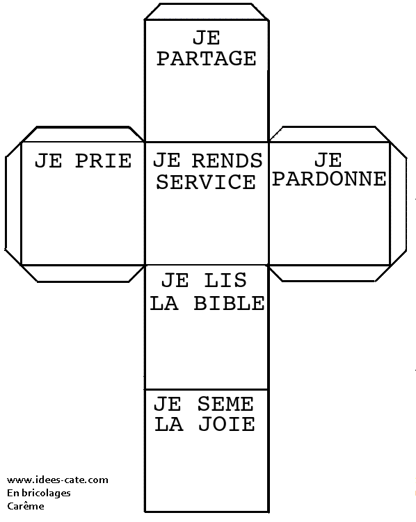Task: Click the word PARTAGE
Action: [x=206, y=58]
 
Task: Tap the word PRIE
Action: [x=103, y=161]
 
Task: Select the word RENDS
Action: [x=227, y=161]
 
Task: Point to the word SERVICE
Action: [x=206, y=182]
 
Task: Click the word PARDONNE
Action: [x=330, y=179]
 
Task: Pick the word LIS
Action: [x=225, y=280]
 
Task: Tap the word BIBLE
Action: [x=229, y=303]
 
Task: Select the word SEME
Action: [x=225, y=404]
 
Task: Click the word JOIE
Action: [x=227, y=424]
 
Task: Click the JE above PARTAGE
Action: [x=207, y=38]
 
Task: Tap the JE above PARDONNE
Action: [x=328, y=160]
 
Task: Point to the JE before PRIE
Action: [x=49, y=161]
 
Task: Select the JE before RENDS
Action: [x=167, y=161]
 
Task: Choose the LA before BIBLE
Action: [x=164, y=303]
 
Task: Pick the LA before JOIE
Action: [x=169, y=424]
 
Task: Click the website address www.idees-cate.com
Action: [x=58, y=480]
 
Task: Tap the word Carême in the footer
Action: [x=26, y=506]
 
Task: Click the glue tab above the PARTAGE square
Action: [x=207, y=12]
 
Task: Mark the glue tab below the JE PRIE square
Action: [x=83, y=273]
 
